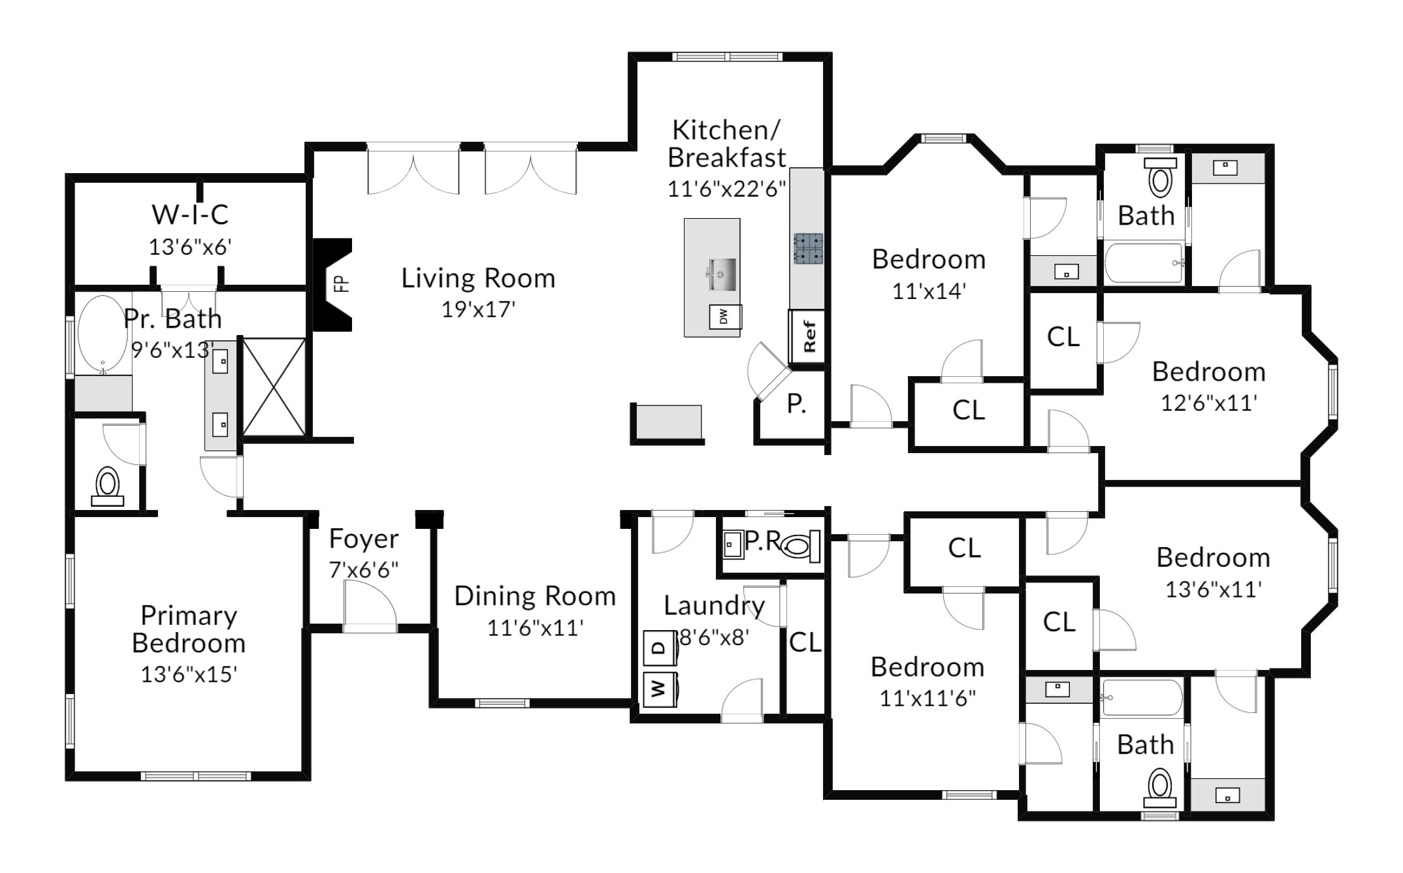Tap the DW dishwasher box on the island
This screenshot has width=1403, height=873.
pos(724,317)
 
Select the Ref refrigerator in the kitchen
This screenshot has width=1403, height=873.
pos(809,336)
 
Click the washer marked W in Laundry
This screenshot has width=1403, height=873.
pos(660,689)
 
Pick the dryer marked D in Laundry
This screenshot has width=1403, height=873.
pos(660,648)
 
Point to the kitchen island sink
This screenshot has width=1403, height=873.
pos(720,274)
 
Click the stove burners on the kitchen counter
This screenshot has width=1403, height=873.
pos(809,248)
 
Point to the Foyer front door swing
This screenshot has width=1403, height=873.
pos(370,606)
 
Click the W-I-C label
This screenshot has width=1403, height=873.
pos(190,214)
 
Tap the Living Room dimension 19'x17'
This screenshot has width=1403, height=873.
pos(479,310)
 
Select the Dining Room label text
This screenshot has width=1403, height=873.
pos(535,596)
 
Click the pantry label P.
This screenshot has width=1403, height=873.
pos(796,405)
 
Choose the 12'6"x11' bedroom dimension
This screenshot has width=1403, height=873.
pos(1209,403)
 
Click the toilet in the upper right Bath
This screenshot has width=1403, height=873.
pos(1160,177)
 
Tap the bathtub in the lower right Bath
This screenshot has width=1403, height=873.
pos(1141,697)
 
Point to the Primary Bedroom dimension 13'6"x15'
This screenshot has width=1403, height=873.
pos(189,674)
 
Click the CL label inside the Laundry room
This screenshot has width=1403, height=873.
pos(805,643)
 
